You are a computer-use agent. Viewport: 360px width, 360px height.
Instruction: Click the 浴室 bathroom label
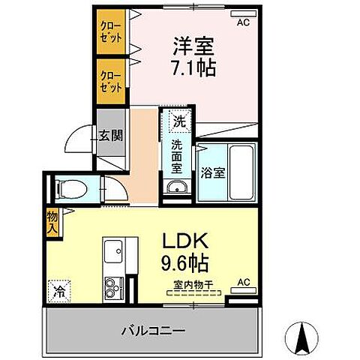pos(212,172)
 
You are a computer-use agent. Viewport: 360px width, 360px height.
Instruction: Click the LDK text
pos(188,244)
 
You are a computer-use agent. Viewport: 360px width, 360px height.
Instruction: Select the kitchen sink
pos(115,250)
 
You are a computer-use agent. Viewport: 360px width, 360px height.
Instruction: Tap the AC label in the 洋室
pos(242,22)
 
